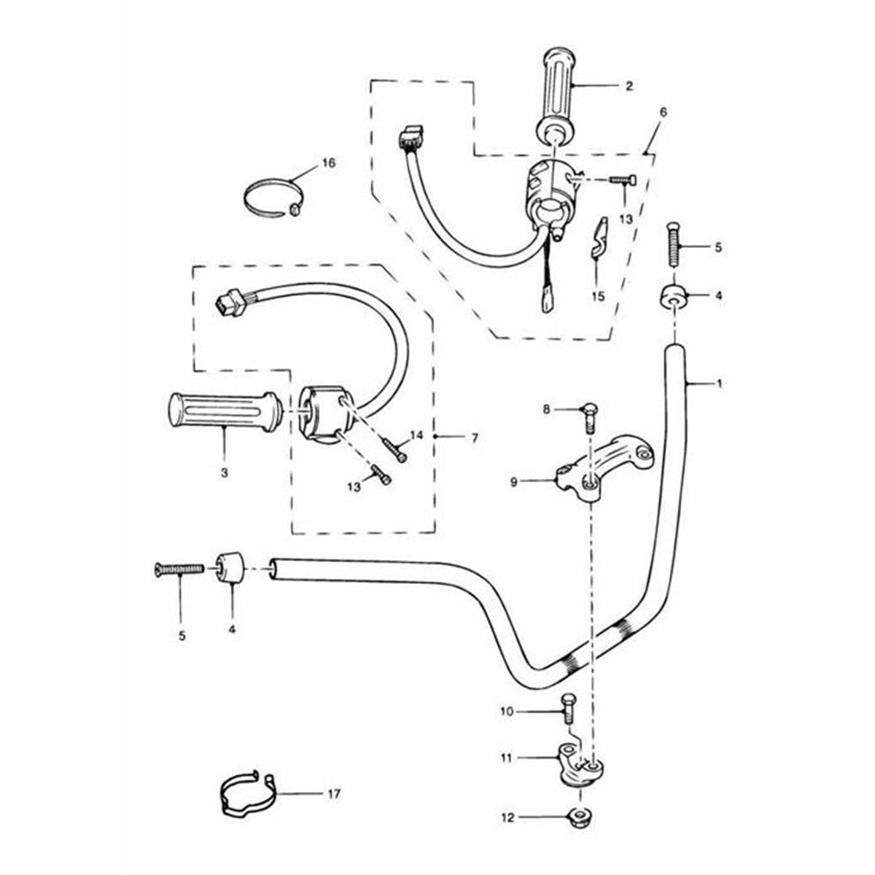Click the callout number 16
tap(328, 163)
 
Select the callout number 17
tap(334, 793)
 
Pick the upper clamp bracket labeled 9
tap(605, 467)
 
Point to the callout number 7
tap(474, 438)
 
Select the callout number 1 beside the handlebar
tap(720, 383)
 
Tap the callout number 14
tap(416, 435)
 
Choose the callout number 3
tap(224, 472)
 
